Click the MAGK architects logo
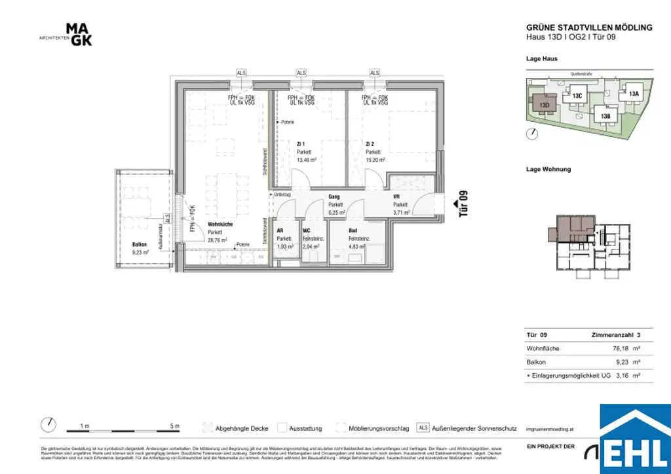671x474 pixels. pyautogui.click(x=79, y=35)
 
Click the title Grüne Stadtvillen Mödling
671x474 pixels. pyautogui.click(x=589, y=27)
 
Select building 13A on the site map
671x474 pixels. pyautogui.click(x=633, y=94)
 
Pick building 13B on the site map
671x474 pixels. pyautogui.click(x=605, y=116)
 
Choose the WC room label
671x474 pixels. pyautogui.click(x=306, y=231)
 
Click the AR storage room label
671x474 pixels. pyautogui.click(x=280, y=231)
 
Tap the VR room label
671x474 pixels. pyautogui.click(x=396, y=196)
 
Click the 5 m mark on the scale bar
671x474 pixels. pyautogui.click(x=174, y=426)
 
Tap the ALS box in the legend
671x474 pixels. pyautogui.click(x=423, y=428)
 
